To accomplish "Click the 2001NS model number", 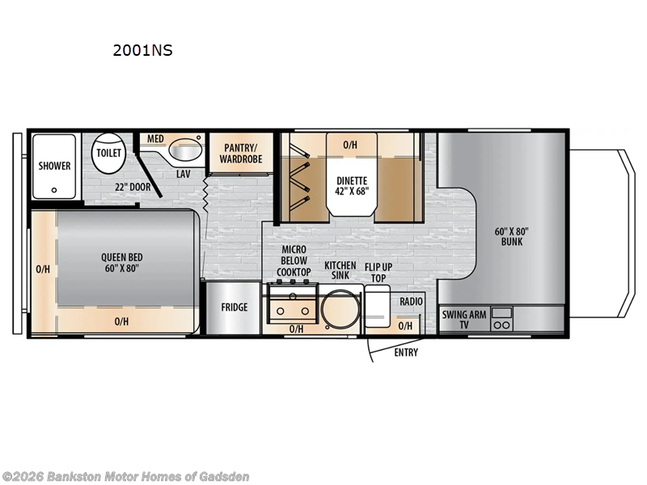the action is pos(143,50).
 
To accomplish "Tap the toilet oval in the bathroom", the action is pos(108,154).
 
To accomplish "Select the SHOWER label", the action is pos(54,166).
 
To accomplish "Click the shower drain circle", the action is pos(54,190).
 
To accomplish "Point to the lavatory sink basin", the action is pos(186,150).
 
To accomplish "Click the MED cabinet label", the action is pos(155,139).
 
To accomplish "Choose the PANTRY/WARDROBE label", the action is pos(241,154).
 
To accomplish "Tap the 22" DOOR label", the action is pos(133,188).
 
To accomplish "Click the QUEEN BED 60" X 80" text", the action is pos(122,263).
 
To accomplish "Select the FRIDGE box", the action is pos(234,308).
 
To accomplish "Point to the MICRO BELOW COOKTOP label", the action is pos(294,260).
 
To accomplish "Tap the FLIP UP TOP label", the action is pos(378,272).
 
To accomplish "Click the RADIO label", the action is pos(411,302).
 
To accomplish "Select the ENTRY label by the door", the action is pos(406,352).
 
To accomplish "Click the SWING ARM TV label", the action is pos(464,319).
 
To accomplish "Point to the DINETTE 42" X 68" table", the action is pos(352,186).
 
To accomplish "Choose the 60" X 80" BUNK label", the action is pos(512,236).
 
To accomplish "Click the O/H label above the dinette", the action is pos(350,145).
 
